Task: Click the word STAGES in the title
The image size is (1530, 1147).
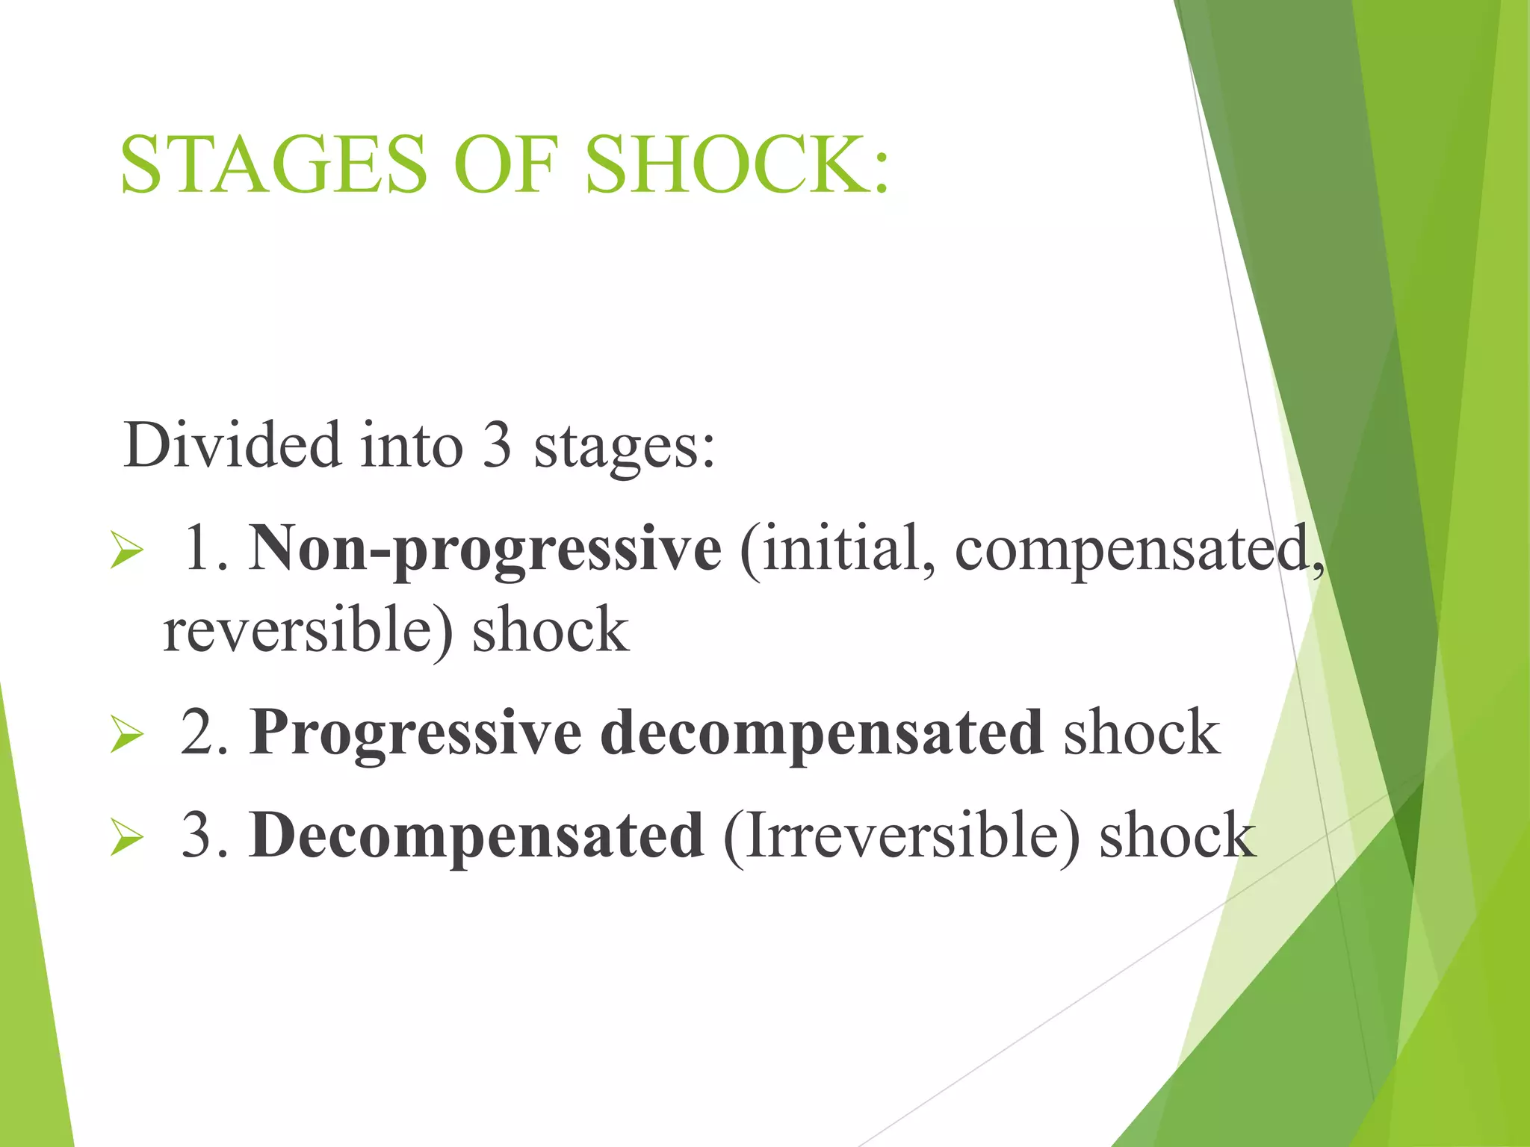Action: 273,165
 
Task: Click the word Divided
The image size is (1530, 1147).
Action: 232,445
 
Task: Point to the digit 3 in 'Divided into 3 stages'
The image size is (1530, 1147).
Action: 497,445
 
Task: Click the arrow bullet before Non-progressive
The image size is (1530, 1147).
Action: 126,553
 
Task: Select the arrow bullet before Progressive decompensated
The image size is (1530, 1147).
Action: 126,735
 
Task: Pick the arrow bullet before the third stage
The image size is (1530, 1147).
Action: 126,837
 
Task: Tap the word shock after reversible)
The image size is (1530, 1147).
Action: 551,631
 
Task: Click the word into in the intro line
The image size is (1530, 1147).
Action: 412,445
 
